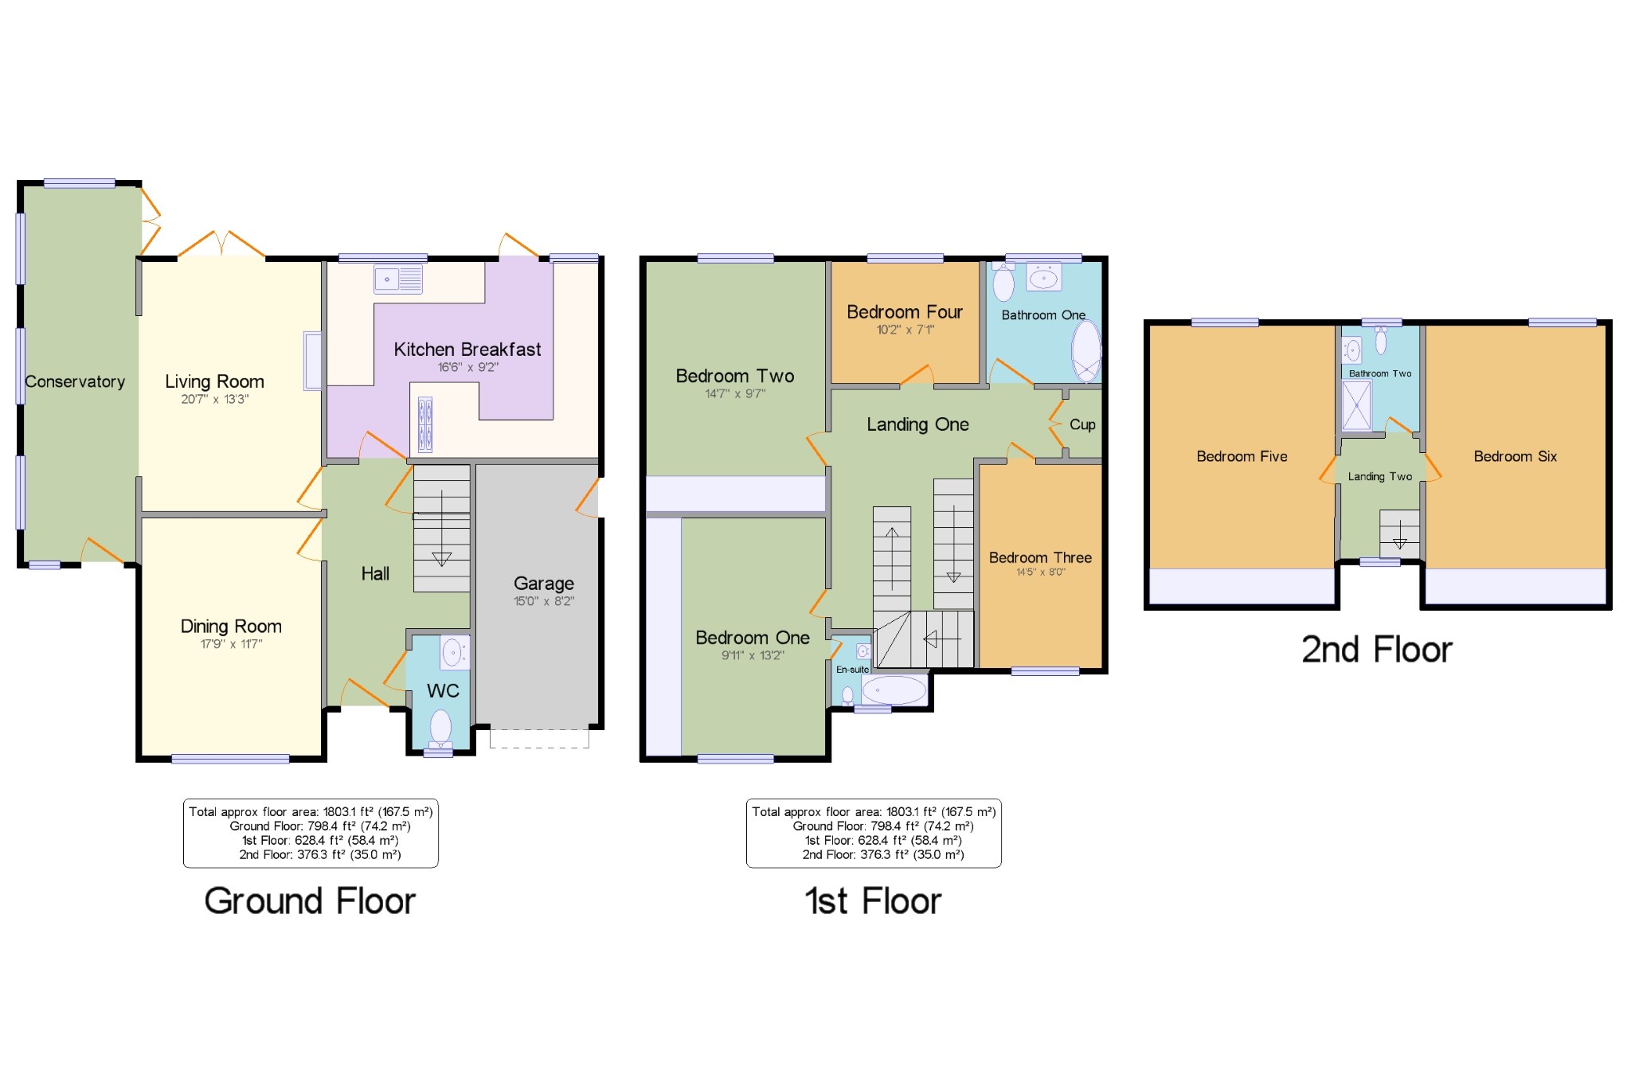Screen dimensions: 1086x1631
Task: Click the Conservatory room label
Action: [75, 381]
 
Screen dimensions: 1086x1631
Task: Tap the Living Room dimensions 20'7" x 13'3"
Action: [214, 399]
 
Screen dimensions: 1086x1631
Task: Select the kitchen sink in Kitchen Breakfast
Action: [398, 279]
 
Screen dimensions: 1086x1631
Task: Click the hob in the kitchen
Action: [425, 424]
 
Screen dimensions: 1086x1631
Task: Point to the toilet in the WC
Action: [440, 727]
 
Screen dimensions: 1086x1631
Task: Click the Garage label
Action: [543, 583]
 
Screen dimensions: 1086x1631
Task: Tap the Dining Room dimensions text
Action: [231, 643]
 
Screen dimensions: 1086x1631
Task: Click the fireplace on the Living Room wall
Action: [313, 361]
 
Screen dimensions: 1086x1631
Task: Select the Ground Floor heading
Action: [310, 900]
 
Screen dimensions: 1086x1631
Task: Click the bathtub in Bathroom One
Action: [1085, 351]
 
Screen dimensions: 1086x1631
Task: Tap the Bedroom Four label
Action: [904, 311]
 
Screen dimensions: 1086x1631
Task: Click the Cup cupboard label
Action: [1081, 424]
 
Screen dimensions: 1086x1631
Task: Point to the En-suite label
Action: [852, 670]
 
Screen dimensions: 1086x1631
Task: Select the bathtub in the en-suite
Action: [894, 690]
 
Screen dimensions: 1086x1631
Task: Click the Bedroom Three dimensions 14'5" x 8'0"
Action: [1040, 572]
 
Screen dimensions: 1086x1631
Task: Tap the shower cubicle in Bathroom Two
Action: [1356, 405]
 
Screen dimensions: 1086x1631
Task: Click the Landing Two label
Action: [1379, 476]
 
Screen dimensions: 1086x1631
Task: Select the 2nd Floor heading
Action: [1376, 650]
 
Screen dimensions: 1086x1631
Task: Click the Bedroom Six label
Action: [1514, 456]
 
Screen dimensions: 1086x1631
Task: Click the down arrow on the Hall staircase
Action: [441, 558]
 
